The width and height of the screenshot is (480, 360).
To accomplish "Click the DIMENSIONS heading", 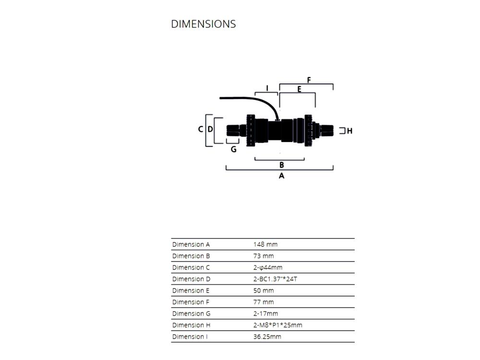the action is tap(203, 24).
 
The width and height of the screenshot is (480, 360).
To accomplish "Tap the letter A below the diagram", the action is tap(281, 176).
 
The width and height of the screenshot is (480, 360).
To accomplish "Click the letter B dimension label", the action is tap(282, 165).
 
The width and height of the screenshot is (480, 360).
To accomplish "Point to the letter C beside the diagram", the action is tap(201, 129).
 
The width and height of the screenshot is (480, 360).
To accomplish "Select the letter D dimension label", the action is tap(210, 129).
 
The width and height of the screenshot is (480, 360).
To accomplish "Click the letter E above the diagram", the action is tap(299, 89).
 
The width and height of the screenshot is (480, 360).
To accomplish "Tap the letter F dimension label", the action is tap(309, 80).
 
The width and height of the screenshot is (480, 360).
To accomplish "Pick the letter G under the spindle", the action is tap(234, 149).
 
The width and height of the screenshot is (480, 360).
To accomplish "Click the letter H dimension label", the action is tap(349, 131).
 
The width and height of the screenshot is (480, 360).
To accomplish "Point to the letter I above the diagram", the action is tap(267, 88).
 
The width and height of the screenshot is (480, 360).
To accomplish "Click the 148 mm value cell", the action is tap(265, 244).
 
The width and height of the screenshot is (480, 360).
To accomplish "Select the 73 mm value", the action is tap(264, 256).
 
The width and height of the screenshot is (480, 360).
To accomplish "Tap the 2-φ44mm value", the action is tap(268, 267).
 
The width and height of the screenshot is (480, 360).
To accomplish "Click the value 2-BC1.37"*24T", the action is tap(275, 279).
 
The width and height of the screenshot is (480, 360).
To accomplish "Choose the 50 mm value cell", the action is tap(264, 290).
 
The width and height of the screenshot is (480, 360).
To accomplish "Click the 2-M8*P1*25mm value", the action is tap(277, 325).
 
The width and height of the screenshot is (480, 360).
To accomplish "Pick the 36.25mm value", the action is tap(267, 337).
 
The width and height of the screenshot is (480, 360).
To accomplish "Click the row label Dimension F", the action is tap(191, 302).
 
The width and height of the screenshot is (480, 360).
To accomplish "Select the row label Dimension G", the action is tap(192, 314).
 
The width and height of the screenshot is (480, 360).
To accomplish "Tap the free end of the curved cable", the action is tap(220, 98).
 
